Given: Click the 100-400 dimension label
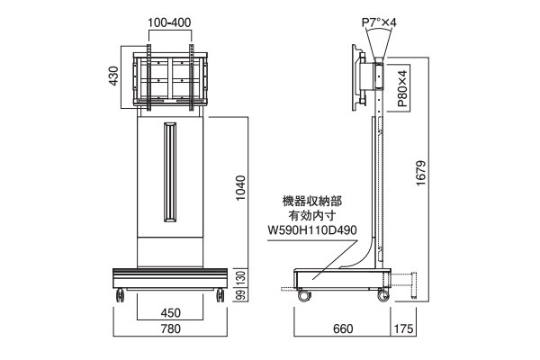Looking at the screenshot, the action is click(x=169, y=22).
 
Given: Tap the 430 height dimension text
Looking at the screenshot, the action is click(x=113, y=76).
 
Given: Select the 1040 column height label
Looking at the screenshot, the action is click(x=240, y=188).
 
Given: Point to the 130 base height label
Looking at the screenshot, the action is click(x=241, y=278).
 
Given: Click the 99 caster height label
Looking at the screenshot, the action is click(x=241, y=294).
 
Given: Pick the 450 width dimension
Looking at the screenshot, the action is click(x=170, y=313).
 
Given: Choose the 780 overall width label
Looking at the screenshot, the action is click(x=170, y=328).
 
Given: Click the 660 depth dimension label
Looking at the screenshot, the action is click(x=343, y=328).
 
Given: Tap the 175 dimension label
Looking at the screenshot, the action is click(x=403, y=328).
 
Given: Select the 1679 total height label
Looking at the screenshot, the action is click(x=421, y=174).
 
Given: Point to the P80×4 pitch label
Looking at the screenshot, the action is click(x=402, y=88).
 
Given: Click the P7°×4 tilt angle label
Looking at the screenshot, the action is click(x=379, y=22).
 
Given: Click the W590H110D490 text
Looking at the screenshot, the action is click(x=312, y=229).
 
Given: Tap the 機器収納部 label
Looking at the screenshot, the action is click(x=312, y=202).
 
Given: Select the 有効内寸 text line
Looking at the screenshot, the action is click(x=312, y=216).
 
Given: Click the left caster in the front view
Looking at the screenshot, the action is click(x=121, y=295).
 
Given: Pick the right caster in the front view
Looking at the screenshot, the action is click(x=220, y=295).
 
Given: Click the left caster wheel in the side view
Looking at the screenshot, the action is click(x=304, y=295).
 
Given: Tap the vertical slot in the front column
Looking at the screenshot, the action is click(x=170, y=172).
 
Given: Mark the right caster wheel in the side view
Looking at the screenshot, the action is click(x=383, y=295).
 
